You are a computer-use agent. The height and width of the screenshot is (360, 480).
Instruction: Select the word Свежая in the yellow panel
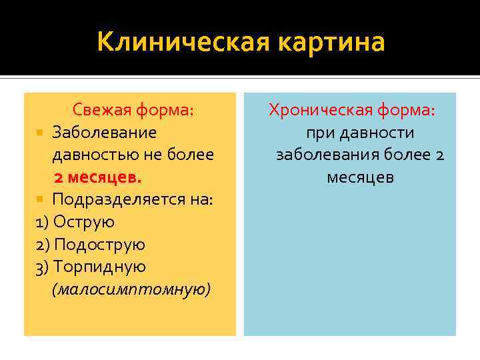tap(102, 110)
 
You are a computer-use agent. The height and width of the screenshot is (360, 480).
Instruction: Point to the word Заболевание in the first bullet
tap(105, 133)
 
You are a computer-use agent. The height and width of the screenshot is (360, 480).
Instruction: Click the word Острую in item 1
tap(83, 222)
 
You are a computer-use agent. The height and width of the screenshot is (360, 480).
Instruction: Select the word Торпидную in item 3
tap(99, 267)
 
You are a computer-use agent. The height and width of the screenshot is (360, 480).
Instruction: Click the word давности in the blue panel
tap(377, 133)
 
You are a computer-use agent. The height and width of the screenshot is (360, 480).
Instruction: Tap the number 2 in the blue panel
tap(439, 155)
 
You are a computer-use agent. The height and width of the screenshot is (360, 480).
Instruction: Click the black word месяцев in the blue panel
tap(360, 177)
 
